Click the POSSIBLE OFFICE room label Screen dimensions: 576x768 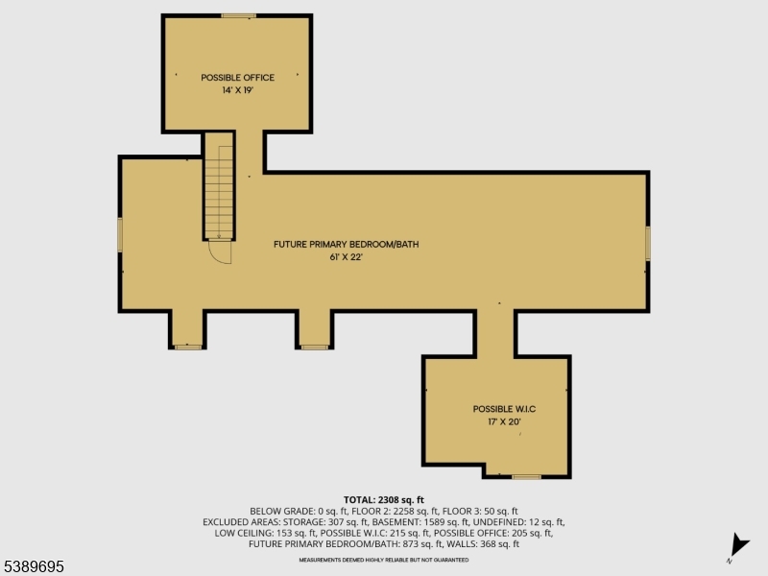point(237,78)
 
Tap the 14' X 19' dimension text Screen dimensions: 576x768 point(237,90)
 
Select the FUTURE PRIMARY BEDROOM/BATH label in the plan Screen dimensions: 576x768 point(346,244)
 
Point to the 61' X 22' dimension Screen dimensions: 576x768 point(346,257)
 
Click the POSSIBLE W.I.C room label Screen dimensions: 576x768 point(497,408)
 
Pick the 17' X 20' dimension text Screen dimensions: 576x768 point(497,420)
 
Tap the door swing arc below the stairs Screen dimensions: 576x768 point(221,252)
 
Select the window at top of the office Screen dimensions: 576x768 point(238,15)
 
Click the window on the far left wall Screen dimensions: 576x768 point(121,234)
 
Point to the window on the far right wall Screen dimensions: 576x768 point(648,242)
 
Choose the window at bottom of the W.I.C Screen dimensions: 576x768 point(526,476)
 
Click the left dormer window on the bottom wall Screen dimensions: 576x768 point(188,346)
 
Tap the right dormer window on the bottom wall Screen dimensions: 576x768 point(315,346)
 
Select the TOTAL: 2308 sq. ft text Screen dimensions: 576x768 point(384,500)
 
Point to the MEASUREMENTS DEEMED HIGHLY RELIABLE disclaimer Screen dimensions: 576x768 point(384,559)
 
